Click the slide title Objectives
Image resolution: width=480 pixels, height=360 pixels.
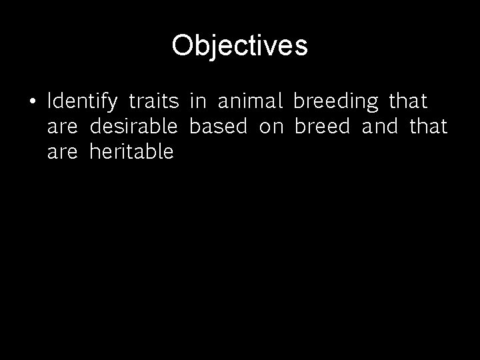coord(239,46)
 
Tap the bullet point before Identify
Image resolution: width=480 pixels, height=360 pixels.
coord(32,102)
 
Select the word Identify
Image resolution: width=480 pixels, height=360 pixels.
coord(83,102)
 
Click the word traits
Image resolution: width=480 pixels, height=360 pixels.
coord(153,101)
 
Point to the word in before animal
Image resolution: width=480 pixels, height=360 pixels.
coord(197,101)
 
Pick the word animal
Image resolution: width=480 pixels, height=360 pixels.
coord(251,101)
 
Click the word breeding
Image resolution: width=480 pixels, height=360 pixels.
coord(335,103)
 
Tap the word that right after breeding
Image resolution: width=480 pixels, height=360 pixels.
coord(408,101)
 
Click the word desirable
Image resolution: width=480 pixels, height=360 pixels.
coord(133,127)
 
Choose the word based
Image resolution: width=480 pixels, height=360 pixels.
coord(218,127)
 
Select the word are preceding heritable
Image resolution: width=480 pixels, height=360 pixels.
coord(62,153)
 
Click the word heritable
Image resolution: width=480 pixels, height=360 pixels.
coord(131,152)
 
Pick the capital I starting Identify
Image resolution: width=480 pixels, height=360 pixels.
coord(50,101)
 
